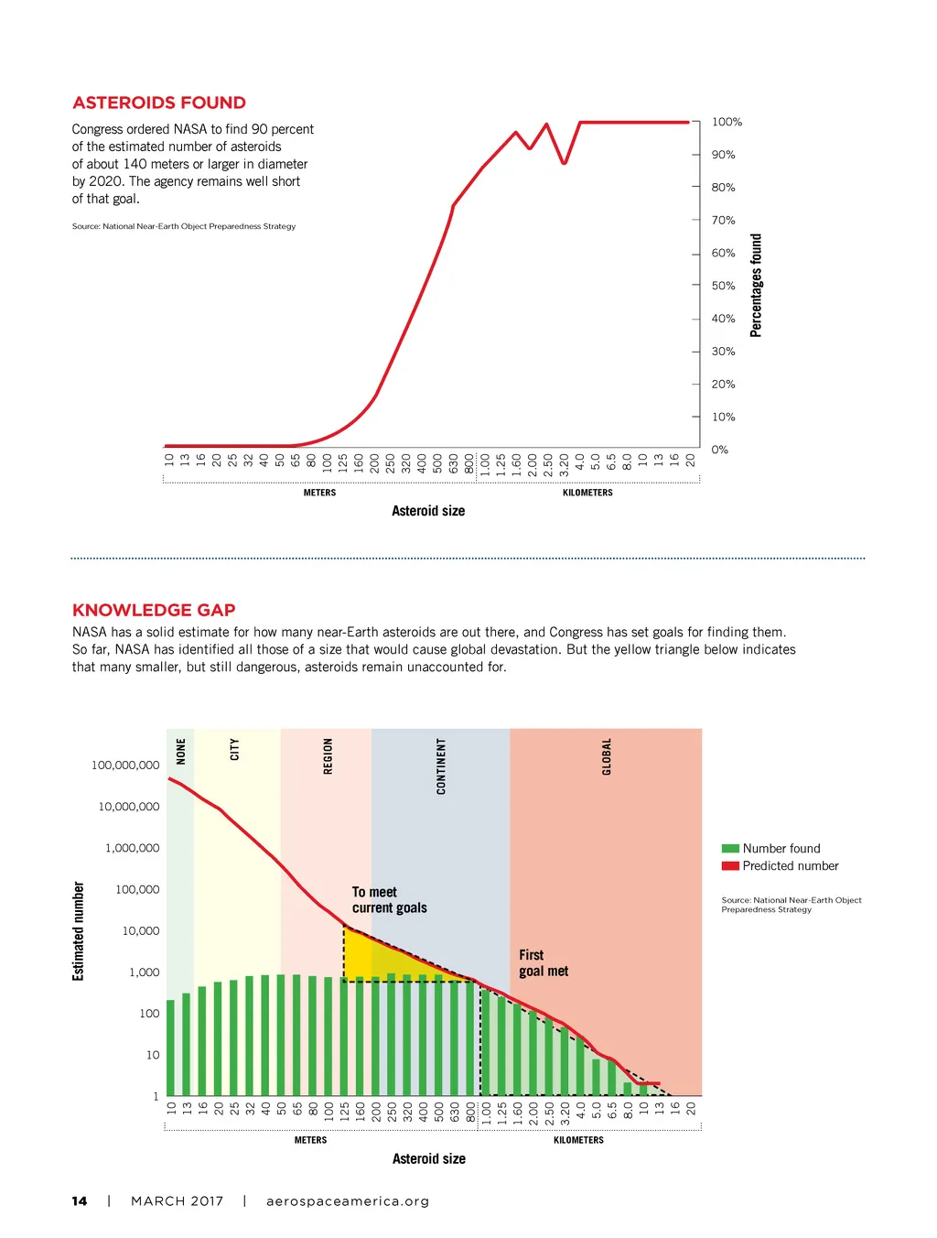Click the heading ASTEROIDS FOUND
(x=159, y=103)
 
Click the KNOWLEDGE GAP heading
(x=154, y=610)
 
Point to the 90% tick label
(x=723, y=155)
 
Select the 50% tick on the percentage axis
(x=723, y=286)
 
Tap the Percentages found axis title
(x=756, y=286)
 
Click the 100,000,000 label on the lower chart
(x=125, y=766)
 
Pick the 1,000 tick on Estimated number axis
(x=144, y=972)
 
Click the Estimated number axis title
(x=79, y=931)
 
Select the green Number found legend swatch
(x=730, y=849)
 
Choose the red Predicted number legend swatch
(x=730, y=866)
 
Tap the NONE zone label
(x=181, y=752)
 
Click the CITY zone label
(x=234, y=750)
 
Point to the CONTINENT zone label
(x=441, y=766)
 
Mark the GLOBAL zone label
(x=606, y=757)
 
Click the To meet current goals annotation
(x=389, y=900)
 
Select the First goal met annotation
(x=544, y=963)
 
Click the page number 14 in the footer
(x=80, y=1201)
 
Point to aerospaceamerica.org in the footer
(x=348, y=1201)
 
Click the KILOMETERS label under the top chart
(x=587, y=493)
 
